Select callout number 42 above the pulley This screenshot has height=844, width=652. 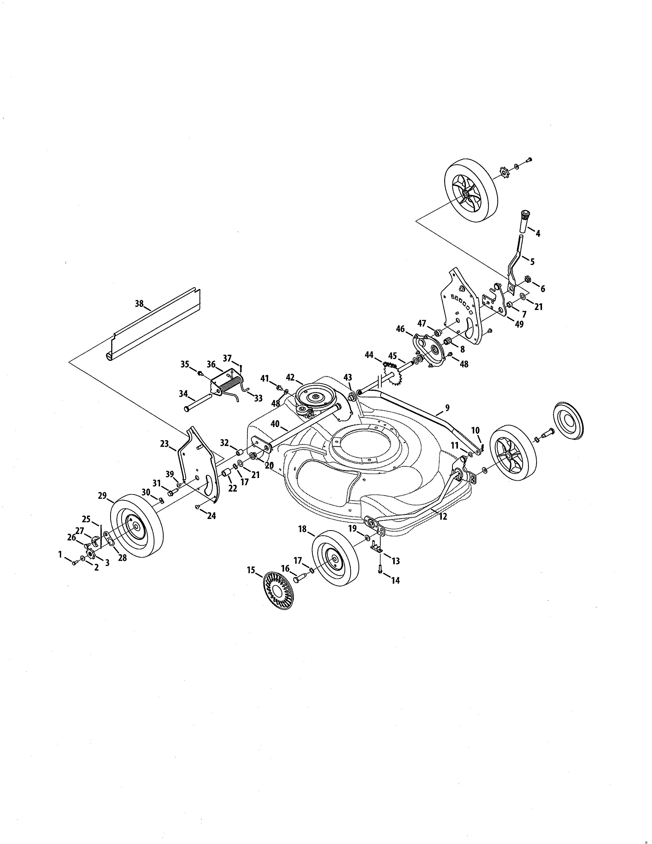290,377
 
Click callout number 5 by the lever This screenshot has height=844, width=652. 532,262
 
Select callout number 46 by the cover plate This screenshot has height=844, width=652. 400,329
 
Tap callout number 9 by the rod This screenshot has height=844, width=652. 447,407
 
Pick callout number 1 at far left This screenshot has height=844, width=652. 60,554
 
